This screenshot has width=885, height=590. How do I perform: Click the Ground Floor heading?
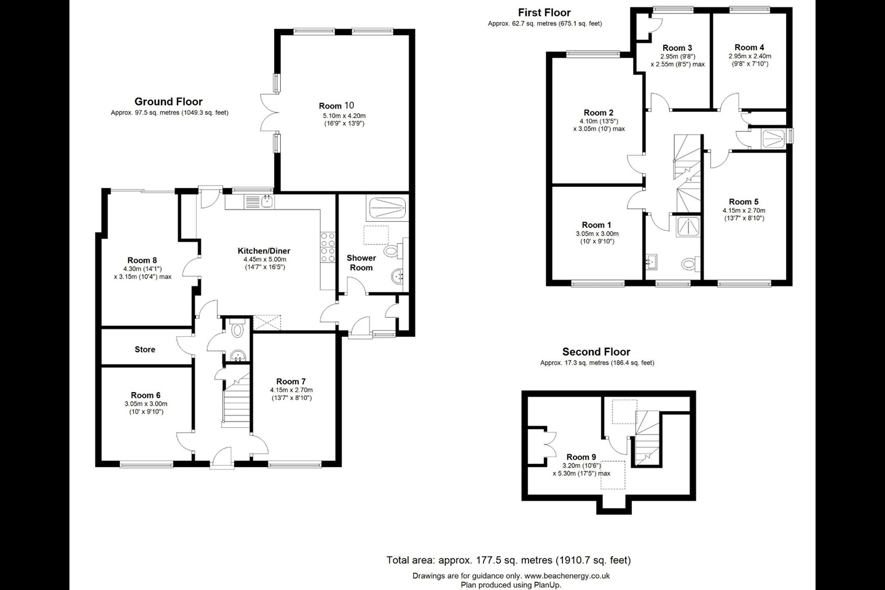(168, 101)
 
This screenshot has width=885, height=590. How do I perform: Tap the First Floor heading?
(544, 12)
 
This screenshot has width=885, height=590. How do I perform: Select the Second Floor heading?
(596, 352)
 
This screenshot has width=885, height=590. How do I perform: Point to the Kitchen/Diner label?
(264, 251)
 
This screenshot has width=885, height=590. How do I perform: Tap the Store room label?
(145, 349)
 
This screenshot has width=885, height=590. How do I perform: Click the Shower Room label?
(361, 262)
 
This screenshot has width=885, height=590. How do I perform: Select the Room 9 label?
(581, 457)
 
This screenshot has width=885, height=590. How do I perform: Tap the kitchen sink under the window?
(267, 201)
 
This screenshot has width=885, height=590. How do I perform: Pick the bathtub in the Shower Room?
(386, 208)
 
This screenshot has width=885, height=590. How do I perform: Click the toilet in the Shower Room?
(391, 251)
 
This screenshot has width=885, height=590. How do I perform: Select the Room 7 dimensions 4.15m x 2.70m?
(291, 390)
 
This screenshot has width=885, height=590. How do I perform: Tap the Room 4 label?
(749, 47)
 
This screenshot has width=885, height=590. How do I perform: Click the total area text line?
(508, 560)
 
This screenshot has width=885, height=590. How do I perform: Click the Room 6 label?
(146, 395)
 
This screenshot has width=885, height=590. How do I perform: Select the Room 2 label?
(598, 112)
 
